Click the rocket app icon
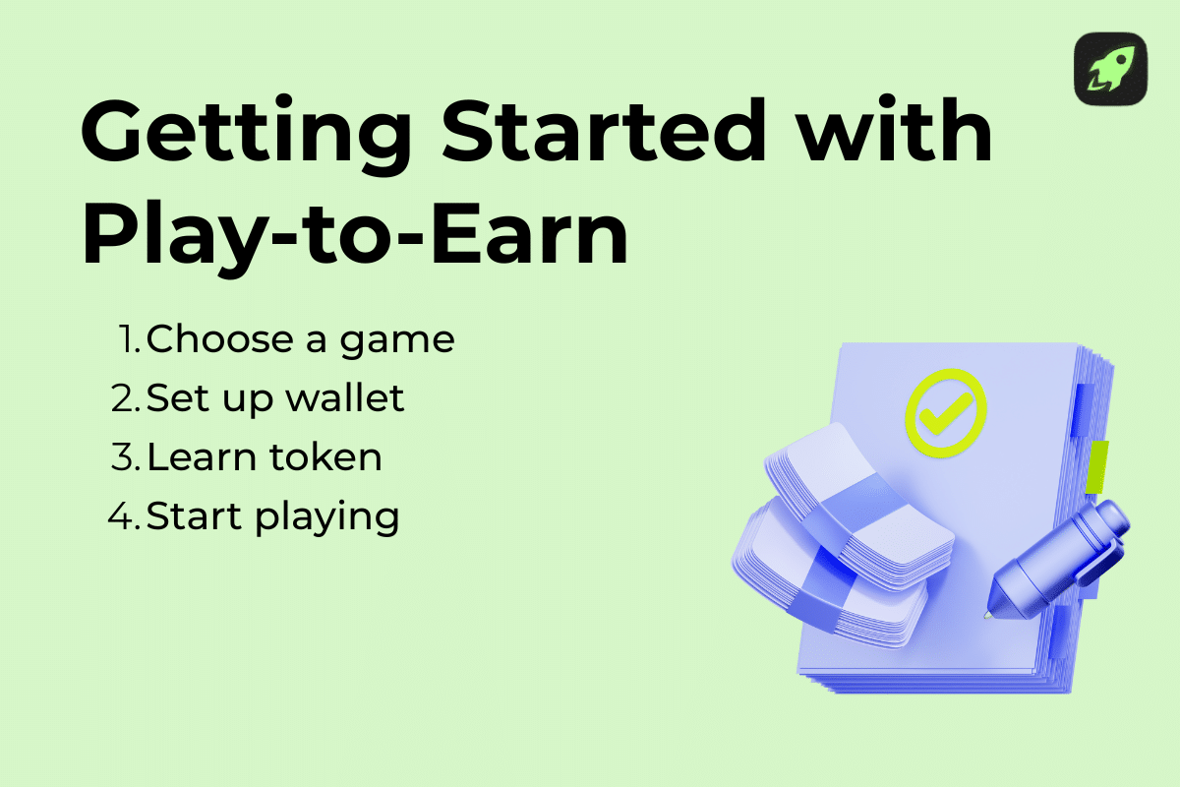tap(1110, 69)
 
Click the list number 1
tap(128, 340)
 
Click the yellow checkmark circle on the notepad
tap(945, 413)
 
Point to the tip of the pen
tap(987, 616)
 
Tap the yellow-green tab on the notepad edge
tap(1097, 466)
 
